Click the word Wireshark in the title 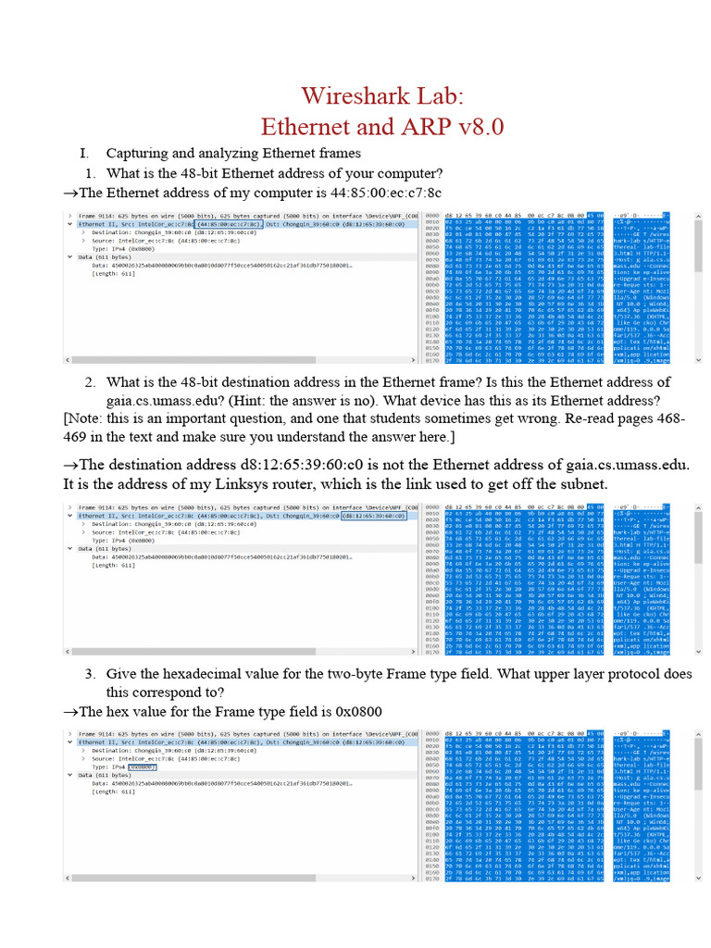coord(350,96)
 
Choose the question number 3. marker coord(91,674)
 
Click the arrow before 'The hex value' coord(69,711)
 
